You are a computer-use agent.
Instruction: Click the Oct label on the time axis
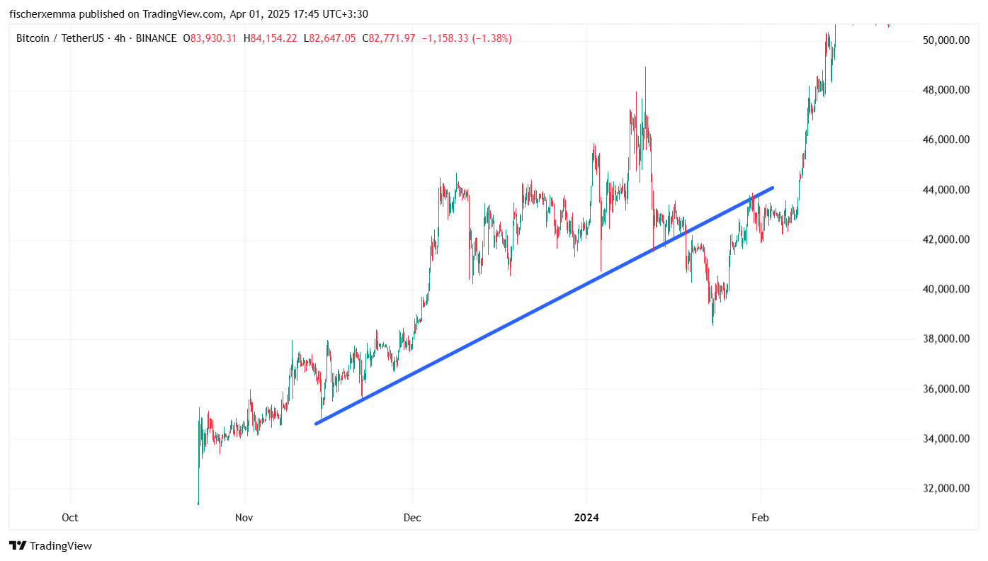coord(70,518)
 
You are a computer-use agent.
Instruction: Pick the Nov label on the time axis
coord(244,518)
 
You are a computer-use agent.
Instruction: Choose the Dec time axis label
coord(412,518)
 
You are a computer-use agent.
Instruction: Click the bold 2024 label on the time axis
coord(586,518)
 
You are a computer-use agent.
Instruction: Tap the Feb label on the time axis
coord(761,518)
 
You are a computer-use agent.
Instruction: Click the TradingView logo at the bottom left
coord(50,546)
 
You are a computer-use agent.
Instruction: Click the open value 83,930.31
coord(213,38)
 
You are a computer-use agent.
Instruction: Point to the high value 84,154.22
coord(273,38)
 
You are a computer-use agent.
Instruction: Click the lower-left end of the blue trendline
coord(316,424)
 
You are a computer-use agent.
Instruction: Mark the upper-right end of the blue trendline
coord(772,188)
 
